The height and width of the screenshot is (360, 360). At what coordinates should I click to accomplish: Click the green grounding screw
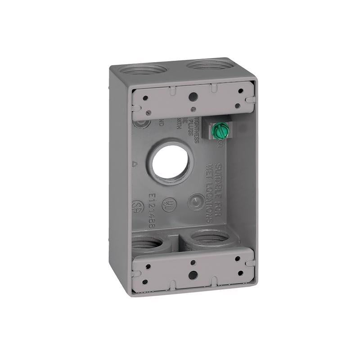[220, 132]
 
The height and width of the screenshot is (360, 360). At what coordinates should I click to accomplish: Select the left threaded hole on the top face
[139, 70]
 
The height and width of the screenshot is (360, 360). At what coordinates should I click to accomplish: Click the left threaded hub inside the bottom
[148, 245]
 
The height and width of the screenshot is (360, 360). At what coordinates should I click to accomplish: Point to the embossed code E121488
[150, 210]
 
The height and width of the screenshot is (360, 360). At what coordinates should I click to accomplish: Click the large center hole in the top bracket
[192, 96]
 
